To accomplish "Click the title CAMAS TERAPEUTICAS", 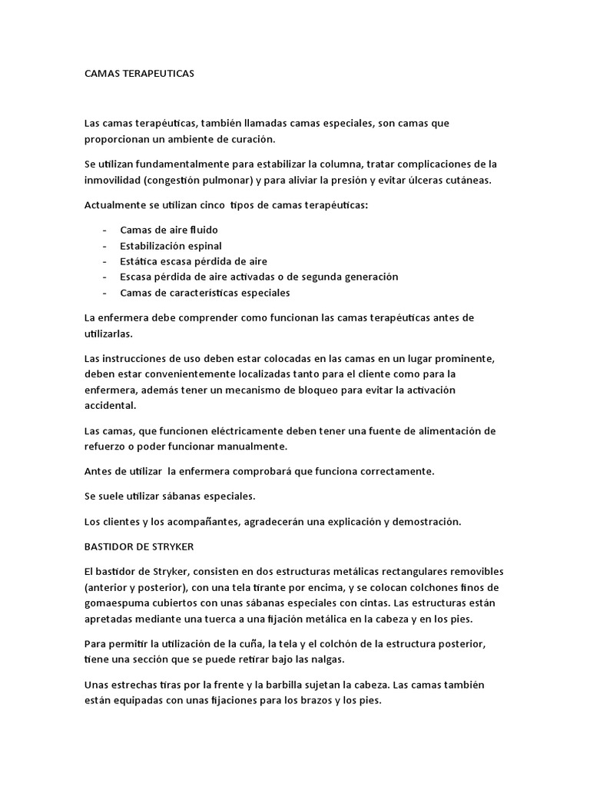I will point(140,74).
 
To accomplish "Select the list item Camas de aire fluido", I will point(168,230).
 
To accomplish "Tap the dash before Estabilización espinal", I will point(104,246).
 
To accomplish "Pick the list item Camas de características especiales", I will point(205,293).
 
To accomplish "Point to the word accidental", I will point(110,405).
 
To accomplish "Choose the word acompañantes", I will point(201,522).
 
